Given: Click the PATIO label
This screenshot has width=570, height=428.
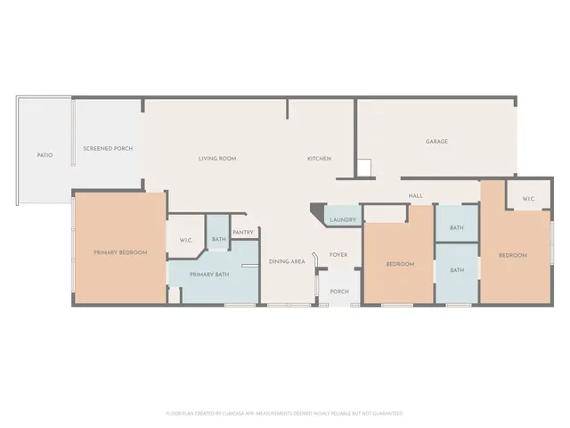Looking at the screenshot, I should (45, 155).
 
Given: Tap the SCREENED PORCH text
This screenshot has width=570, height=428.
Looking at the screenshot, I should (108, 148).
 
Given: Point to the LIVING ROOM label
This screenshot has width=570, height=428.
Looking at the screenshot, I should (216, 159).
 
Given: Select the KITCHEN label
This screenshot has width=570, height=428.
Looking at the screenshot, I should (319, 159).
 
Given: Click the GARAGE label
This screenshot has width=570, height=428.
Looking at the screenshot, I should (436, 141).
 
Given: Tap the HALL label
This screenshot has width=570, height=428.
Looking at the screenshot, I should (415, 196).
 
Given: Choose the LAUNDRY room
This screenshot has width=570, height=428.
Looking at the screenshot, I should (343, 220).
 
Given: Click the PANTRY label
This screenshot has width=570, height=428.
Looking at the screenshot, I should (243, 233).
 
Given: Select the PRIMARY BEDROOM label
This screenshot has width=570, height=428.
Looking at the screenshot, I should (120, 253).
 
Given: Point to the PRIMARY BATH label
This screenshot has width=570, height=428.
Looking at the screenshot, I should (209, 274).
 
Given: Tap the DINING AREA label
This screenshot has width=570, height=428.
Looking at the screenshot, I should (288, 261).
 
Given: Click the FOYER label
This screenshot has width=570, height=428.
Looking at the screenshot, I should (338, 255).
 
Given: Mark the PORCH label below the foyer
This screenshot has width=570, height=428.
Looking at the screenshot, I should (339, 292).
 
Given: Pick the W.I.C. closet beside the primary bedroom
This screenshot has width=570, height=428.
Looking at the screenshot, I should (186, 240).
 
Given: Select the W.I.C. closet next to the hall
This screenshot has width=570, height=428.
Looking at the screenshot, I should (527, 199).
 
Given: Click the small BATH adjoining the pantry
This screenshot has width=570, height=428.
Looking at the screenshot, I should (218, 239).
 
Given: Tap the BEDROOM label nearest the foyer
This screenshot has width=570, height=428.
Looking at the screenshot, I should (400, 264).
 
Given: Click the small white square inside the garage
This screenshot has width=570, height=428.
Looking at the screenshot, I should (363, 168).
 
